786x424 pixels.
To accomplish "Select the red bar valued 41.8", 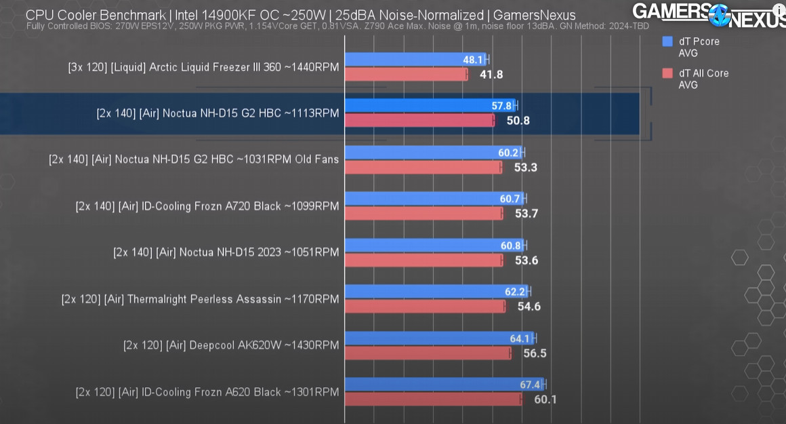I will pos(405,74).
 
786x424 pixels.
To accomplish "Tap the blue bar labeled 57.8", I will pos(430,106).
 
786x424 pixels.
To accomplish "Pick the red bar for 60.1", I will pos(433,399).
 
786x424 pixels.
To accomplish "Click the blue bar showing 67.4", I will pos(444,385).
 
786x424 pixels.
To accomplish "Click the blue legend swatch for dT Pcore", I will pos(667,41).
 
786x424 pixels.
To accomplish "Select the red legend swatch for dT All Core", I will pos(667,73).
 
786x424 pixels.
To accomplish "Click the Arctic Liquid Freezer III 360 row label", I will pos(203,67).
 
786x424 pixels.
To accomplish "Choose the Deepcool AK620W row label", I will pos(230,345).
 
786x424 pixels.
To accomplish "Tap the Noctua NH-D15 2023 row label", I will pos(226,252).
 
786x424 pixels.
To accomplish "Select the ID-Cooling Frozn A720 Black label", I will pos(207,206).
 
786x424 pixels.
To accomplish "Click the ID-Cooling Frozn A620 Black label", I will pos(207,391).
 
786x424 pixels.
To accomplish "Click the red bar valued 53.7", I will pos(423,213).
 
